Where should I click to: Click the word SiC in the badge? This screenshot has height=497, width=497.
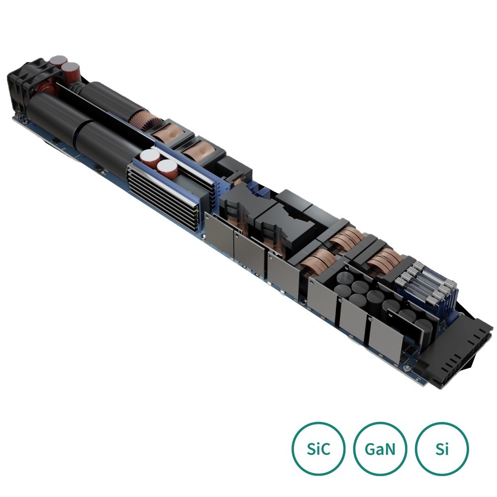[319, 449]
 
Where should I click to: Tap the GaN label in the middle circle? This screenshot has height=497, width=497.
[380, 449]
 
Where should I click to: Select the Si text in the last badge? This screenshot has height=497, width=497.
[442, 449]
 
